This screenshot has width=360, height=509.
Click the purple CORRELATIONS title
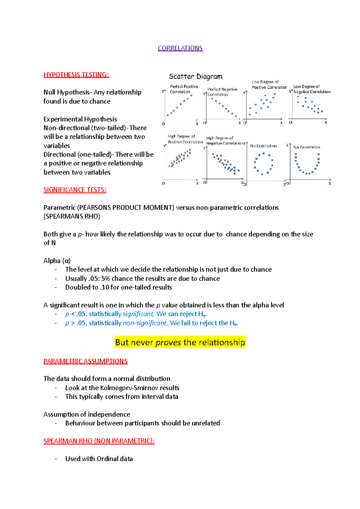click(x=180, y=48)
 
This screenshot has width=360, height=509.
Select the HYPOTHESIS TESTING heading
click(x=76, y=75)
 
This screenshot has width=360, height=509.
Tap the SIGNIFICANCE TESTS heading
click(x=75, y=190)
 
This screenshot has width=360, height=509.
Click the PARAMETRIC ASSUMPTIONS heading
click(x=85, y=361)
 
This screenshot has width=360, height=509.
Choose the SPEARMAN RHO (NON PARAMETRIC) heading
click(x=99, y=441)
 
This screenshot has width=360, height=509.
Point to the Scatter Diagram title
click(x=196, y=76)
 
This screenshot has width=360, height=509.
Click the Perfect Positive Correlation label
click(x=184, y=89)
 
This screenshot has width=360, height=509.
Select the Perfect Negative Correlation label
click(x=222, y=92)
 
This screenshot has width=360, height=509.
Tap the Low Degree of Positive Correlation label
click(x=269, y=85)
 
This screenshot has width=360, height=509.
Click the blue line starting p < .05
click(x=136, y=314)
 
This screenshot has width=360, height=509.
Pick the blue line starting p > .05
click(x=151, y=323)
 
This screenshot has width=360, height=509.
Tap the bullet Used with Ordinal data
click(x=99, y=459)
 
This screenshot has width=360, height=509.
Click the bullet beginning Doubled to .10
click(x=118, y=287)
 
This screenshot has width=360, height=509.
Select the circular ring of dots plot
click(x=263, y=163)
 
